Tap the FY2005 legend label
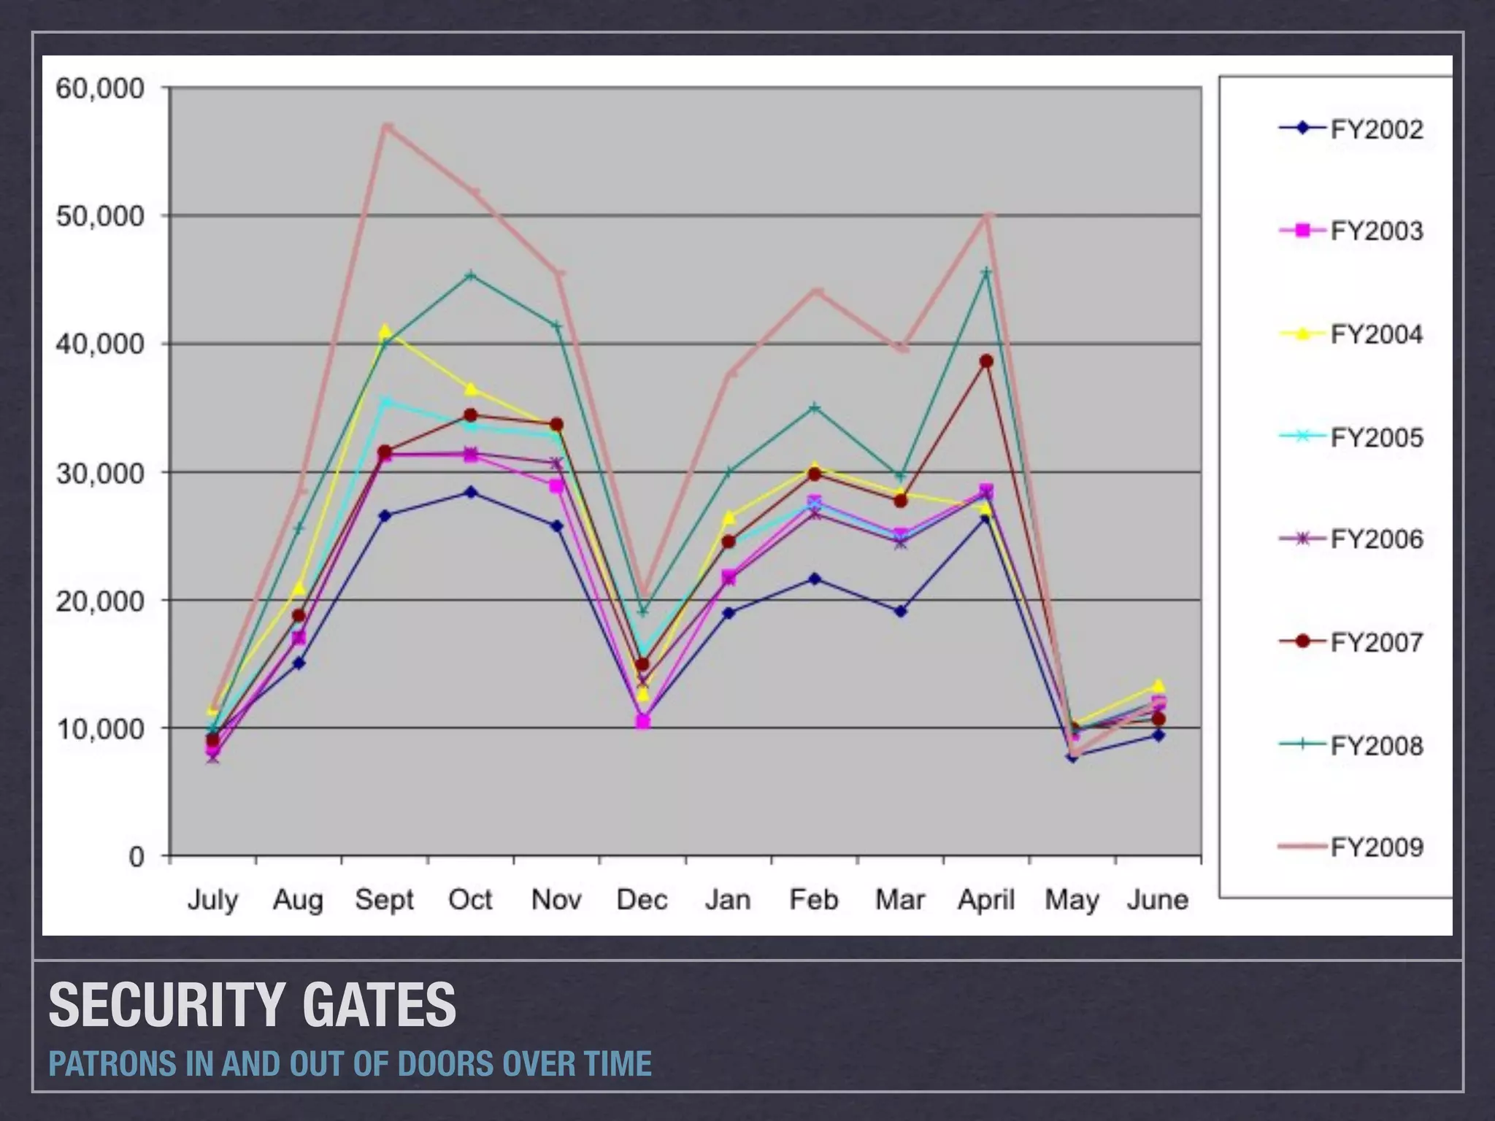click(1376, 438)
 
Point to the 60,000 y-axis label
click(100, 89)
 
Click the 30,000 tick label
click(100, 473)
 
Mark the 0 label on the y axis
click(137, 857)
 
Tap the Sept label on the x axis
click(385, 900)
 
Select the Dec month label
click(642, 900)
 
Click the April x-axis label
click(986, 900)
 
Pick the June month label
click(1158, 900)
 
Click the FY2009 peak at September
click(386, 127)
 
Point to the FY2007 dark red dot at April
click(986, 361)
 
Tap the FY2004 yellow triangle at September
click(385, 331)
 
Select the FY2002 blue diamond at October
click(471, 493)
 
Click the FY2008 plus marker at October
click(471, 275)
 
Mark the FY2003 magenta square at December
click(642, 722)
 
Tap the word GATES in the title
click(379, 1005)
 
